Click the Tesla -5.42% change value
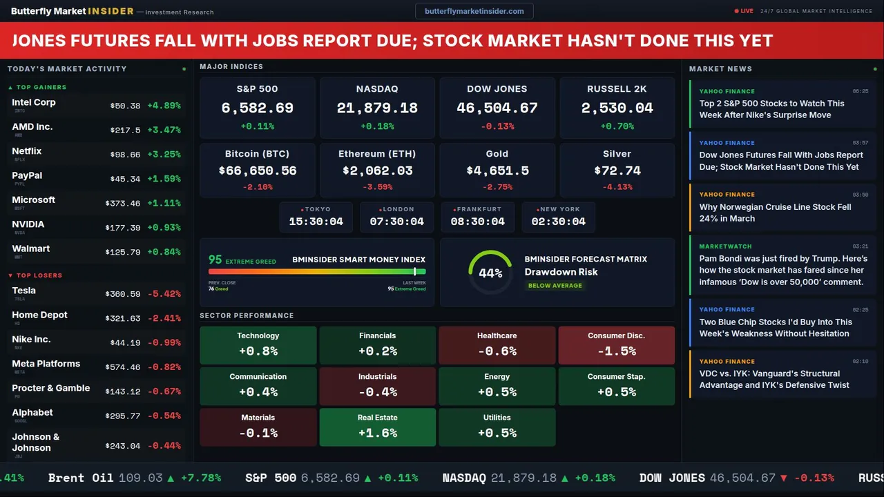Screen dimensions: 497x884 pyautogui.click(x=164, y=294)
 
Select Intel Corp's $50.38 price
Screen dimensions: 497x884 pyautogui.click(x=125, y=106)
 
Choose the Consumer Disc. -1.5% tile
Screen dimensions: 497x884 pyautogui.click(x=616, y=345)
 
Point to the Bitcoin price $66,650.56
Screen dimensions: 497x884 pyautogui.click(x=258, y=170)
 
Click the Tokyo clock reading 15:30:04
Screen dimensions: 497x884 pyautogui.click(x=316, y=222)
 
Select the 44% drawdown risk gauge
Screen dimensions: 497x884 pyautogui.click(x=490, y=273)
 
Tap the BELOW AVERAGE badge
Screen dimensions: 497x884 pyautogui.click(x=555, y=286)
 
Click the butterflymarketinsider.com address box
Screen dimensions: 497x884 pyautogui.click(x=474, y=11)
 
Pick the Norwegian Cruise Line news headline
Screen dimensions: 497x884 pyautogui.click(x=775, y=213)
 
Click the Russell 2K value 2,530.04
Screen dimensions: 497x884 pyautogui.click(x=617, y=108)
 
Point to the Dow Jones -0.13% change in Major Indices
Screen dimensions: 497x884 pyautogui.click(x=497, y=126)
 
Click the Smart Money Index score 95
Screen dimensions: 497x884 pyautogui.click(x=215, y=260)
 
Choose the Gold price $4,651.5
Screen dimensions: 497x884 pyautogui.click(x=497, y=170)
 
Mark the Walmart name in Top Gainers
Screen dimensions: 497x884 pyautogui.click(x=31, y=248)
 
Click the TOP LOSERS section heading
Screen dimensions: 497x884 pyautogui.click(x=39, y=275)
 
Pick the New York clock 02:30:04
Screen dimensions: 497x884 pyautogui.click(x=558, y=222)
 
